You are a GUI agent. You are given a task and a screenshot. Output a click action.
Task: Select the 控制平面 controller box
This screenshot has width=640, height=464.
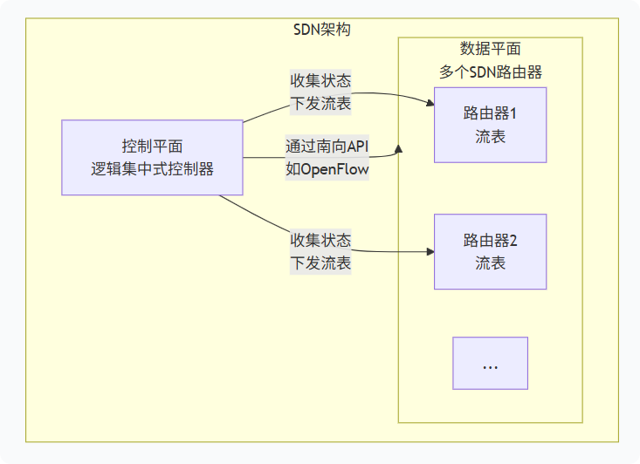152,158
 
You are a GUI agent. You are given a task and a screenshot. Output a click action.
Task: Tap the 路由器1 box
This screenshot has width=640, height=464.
490,125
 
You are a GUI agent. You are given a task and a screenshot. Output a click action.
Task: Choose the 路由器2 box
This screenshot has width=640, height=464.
490,251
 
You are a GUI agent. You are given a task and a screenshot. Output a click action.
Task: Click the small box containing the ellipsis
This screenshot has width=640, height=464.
490,363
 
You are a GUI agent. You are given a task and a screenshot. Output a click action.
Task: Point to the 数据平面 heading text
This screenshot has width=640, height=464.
490,49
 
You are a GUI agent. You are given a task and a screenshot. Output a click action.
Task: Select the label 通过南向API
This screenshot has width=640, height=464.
327,147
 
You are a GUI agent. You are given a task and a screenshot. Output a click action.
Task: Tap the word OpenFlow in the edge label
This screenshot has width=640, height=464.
335,168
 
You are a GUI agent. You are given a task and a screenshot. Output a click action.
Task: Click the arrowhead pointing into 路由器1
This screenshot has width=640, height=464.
430,105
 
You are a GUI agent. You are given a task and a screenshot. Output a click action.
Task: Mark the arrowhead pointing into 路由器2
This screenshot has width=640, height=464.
430,251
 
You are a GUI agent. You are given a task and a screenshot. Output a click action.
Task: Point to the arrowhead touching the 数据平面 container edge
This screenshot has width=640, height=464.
398,149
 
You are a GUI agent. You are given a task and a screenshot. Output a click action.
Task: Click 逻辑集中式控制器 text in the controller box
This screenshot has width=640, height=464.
152,169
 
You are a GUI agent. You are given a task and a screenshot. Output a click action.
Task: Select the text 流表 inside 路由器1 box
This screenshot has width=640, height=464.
490,137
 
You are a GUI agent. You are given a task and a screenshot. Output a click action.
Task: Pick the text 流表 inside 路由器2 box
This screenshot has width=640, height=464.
490,263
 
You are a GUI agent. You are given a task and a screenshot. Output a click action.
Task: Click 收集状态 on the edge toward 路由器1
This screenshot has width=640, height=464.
320,81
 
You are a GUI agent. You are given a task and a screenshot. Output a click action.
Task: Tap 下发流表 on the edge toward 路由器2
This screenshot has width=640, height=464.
320,263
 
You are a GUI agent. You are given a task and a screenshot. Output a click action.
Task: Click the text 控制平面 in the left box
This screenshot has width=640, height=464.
152,147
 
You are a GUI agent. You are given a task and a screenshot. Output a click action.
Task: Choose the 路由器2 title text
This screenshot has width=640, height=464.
490,240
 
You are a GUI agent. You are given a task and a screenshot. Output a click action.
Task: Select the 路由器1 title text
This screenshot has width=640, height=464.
490,113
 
